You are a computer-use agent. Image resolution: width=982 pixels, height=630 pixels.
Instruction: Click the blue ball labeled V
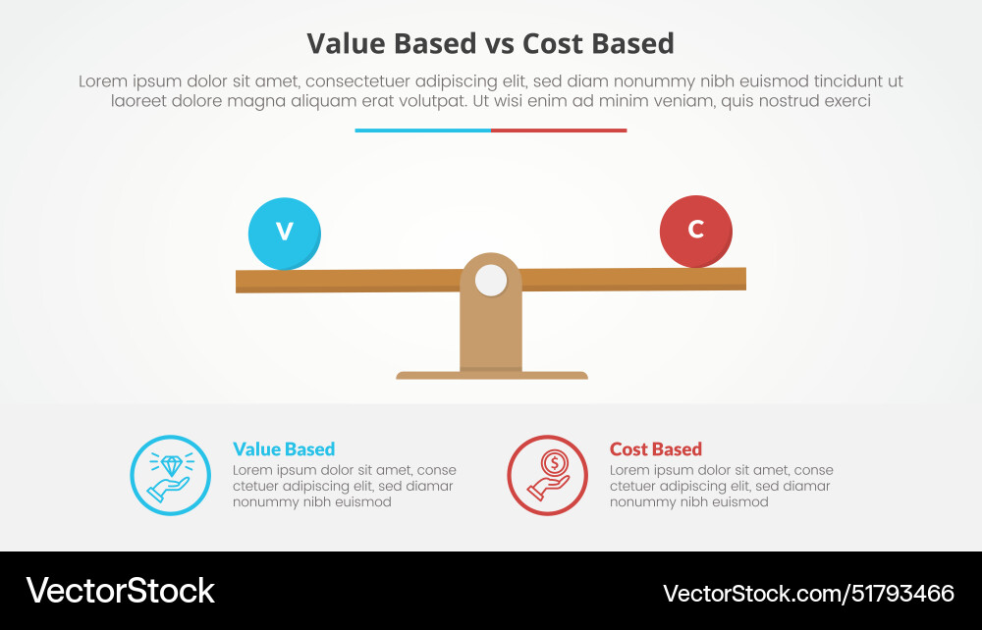click(x=285, y=234)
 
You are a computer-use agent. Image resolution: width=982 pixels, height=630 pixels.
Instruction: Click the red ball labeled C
click(x=696, y=232)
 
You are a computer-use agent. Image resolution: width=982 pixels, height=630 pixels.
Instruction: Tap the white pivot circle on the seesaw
click(x=491, y=281)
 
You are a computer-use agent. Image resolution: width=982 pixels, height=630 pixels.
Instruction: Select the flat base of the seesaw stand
click(x=491, y=375)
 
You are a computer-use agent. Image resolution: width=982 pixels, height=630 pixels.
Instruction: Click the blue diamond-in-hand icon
click(x=170, y=475)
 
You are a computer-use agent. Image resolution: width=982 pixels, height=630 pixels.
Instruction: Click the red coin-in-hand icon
click(x=547, y=475)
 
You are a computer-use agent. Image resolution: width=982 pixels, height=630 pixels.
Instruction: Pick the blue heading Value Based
click(x=284, y=449)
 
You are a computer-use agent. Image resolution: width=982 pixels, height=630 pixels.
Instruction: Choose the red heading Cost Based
click(x=655, y=449)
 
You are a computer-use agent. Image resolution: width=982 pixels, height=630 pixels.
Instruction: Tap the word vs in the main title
click(x=496, y=44)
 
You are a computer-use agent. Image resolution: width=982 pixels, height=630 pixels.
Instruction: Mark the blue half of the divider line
click(x=422, y=131)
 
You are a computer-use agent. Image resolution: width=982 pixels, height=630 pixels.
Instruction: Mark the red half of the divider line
click(x=559, y=131)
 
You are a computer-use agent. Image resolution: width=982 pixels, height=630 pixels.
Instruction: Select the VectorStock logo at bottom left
click(x=120, y=591)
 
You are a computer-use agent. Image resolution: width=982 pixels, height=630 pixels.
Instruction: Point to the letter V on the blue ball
click(x=285, y=232)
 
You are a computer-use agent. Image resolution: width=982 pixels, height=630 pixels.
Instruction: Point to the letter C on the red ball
click(x=696, y=230)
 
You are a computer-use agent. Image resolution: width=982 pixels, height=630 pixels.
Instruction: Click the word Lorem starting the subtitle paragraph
click(x=103, y=82)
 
